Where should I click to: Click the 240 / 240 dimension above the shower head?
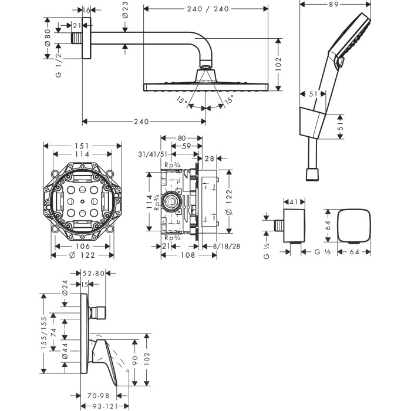tap(208, 9)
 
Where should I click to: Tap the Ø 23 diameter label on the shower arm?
tap(125, 10)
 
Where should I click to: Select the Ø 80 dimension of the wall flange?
tap(48, 38)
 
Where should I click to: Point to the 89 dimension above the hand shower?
tap(333, 4)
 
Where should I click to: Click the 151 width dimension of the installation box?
tap(82, 146)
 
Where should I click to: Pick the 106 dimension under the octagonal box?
tap(83, 246)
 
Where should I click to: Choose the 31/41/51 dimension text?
tap(153, 154)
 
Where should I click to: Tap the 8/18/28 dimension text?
tap(227, 246)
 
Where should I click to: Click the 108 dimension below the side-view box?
tap(188, 255)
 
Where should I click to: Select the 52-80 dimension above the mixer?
tap(93, 274)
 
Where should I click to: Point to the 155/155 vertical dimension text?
tap(44, 333)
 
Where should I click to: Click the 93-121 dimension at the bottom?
tap(105, 406)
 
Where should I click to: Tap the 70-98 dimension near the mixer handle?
tap(98, 396)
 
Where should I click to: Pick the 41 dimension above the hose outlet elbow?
tap(294, 202)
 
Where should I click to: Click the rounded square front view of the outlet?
tap(354, 225)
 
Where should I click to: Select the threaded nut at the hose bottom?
tap(312, 174)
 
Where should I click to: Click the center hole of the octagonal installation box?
tap(83, 201)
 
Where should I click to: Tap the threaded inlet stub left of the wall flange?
tap(76, 38)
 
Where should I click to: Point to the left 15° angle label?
tap(181, 100)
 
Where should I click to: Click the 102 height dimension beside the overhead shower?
tap(278, 64)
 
